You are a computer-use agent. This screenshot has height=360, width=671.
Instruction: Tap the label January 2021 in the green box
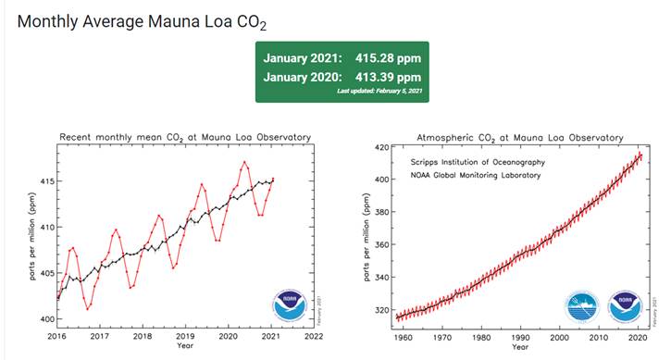point(304,57)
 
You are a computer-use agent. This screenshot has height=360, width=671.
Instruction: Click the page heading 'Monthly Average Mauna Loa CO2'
point(135,21)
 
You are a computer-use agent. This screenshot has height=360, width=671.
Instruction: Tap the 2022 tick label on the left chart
point(314,336)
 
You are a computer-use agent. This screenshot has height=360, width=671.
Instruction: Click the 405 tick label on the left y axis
point(44,273)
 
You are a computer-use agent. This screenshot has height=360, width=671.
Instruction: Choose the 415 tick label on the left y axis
point(44,180)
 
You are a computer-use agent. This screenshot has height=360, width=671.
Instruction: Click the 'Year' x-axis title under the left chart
point(185,346)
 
